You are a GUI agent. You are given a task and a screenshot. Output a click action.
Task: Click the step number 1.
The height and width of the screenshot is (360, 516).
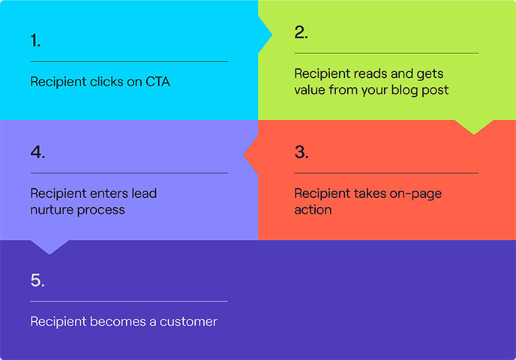(35, 40)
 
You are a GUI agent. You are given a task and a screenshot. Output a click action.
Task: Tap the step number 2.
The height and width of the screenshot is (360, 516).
(301, 32)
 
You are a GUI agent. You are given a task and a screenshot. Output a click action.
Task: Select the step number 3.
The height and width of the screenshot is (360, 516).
(301, 152)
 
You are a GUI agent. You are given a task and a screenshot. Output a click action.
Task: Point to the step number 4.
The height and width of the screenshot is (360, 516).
(37, 152)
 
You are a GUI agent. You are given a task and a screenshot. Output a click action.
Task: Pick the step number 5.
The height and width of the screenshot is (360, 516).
(37, 280)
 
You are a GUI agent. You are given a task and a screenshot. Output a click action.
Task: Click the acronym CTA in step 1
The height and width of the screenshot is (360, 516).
(156, 82)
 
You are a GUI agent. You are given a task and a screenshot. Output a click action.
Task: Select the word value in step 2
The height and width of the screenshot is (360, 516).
(310, 90)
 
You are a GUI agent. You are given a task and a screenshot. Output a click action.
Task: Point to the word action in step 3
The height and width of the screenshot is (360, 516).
(313, 210)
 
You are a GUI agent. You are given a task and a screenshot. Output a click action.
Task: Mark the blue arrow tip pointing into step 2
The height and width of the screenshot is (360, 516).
(267, 34)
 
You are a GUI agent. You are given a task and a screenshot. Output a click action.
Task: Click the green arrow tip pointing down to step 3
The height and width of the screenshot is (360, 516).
(474, 130)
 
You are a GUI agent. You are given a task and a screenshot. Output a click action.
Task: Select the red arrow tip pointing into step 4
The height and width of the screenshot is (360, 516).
(248, 156)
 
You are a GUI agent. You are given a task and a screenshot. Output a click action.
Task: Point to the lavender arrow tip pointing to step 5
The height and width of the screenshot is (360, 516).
(49, 249)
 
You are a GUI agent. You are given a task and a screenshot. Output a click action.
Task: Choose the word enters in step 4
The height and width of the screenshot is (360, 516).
(105, 193)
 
